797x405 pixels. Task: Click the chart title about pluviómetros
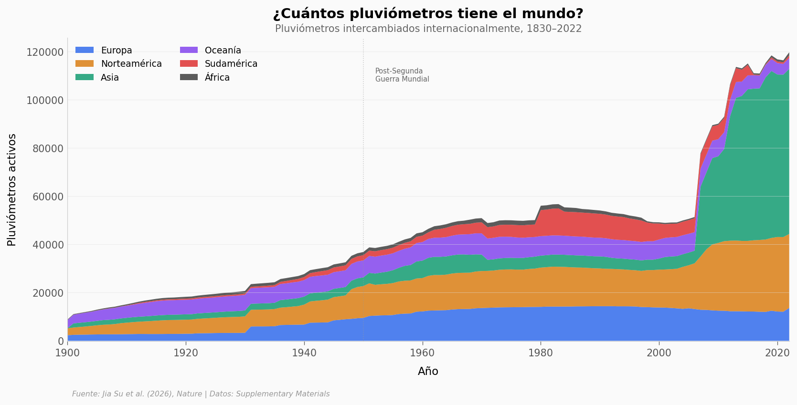point(428,14)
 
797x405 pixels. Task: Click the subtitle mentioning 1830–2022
point(428,29)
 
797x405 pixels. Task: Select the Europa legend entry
point(116,51)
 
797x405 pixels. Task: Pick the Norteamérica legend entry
point(131,64)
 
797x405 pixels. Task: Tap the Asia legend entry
point(109,77)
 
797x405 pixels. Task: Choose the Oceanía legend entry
point(223,51)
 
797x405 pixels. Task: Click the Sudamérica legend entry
point(231,64)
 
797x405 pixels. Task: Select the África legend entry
point(217,77)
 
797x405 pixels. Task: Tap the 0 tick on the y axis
point(61,341)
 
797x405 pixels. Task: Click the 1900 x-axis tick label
point(67,353)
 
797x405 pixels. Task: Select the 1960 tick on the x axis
point(422,353)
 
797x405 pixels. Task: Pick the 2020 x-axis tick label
point(777,353)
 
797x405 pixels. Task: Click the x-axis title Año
point(428,371)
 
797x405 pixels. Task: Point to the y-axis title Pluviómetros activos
point(12,189)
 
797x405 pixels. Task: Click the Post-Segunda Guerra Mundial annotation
point(402,75)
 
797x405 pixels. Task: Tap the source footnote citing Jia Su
point(201,394)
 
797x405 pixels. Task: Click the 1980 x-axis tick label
point(541,353)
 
